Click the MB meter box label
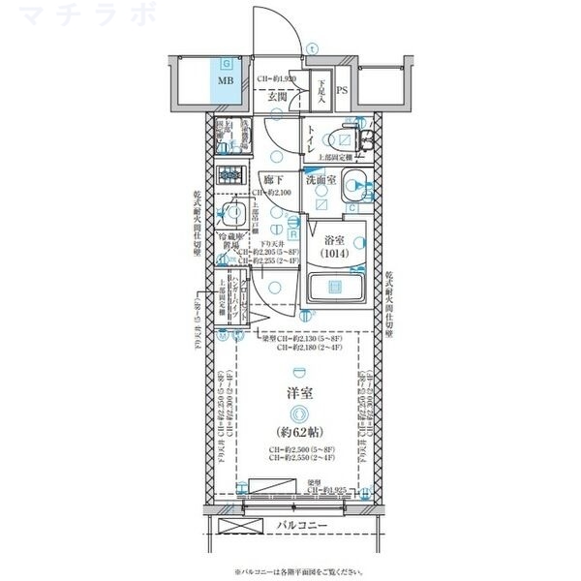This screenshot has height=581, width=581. tap(225, 81)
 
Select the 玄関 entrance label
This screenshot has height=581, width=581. tap(276, 97)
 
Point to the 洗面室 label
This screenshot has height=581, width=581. tap(321, 180)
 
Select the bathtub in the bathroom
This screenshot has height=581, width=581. tap(334, 288)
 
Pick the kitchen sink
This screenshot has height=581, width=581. tap(233, 215)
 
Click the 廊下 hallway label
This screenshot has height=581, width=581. tap(273, 180)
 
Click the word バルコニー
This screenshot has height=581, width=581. tap(302, 526)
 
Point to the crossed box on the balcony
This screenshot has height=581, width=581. tap(242, 527)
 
